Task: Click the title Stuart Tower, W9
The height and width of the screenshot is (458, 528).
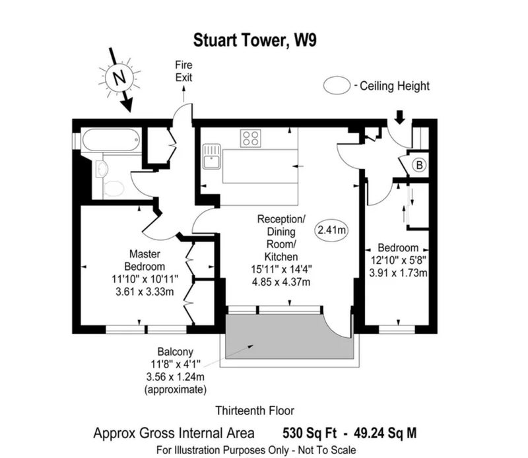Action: tap(255, 40)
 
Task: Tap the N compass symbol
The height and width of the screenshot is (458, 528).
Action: tap(119, 78)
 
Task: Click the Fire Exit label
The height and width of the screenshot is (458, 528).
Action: tap(183, 71)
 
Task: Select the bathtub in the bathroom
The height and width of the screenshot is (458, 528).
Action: tap(111, 140)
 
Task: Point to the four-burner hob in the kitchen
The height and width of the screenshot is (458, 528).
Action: tap(251, 138)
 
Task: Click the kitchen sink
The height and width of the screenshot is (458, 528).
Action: tap(211, 156)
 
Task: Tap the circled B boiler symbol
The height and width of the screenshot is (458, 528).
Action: tap(419, 165)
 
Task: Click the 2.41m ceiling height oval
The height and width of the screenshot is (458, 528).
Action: tap(332, 230)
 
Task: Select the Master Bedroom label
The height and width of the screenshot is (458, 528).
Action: tap(145, 260)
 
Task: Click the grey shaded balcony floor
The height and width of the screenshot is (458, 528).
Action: tap(289, 337)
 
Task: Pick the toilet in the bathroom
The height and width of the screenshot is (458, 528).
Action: tap(114, 189)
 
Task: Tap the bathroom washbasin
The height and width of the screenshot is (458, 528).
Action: tap(102, 168)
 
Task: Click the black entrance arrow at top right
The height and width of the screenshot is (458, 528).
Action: tap(399, 117)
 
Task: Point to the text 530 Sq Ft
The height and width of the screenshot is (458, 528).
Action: tap(309, 433)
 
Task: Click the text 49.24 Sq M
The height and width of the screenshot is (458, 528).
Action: tap(385, 433)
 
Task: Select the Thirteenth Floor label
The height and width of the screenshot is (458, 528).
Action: tap(255, 410)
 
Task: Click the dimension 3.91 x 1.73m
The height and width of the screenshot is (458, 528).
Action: tap(398, 273)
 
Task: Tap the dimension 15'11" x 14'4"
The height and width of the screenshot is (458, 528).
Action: tap(281, 269)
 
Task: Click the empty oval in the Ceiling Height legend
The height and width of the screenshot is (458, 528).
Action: tap(337, 85)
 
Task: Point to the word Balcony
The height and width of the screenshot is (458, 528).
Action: tap(176, 352)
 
